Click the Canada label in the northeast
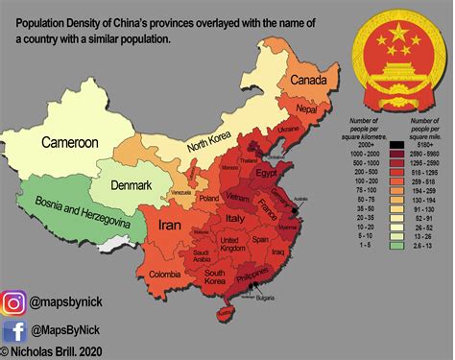pos(309,80)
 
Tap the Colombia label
pos(164,276)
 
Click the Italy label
pos(234,222)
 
